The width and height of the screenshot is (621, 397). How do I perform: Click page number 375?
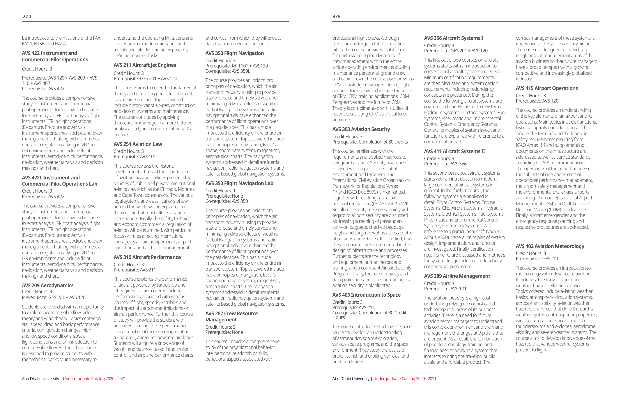336,16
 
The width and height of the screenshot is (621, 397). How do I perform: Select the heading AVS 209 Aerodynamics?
48,285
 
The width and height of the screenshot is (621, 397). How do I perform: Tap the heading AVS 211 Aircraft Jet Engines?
145,65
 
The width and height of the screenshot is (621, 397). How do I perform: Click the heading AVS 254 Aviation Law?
138,144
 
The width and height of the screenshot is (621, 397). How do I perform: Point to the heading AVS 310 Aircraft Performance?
147,257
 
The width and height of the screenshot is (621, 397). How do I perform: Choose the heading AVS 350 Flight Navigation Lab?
239,183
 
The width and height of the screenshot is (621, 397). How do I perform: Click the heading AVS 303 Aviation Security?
361,129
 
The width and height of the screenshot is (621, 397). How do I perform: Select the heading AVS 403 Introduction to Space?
366,295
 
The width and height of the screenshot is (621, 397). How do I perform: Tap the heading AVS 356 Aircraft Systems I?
453,38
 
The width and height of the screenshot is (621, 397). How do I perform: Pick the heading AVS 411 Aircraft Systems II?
454,151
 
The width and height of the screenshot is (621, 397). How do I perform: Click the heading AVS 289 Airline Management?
457,276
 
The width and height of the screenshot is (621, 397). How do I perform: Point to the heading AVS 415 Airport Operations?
547,88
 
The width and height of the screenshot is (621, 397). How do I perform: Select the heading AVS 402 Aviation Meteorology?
550,246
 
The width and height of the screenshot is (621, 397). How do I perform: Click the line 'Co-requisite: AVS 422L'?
44,89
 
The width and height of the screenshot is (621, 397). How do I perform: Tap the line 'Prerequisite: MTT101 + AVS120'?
237,66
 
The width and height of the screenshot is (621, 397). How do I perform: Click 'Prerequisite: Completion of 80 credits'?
370,142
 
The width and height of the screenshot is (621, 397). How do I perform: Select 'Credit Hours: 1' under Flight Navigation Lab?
220,191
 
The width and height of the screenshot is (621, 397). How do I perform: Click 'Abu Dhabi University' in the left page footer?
41,379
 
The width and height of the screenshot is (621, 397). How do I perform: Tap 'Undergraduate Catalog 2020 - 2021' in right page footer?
404,379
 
